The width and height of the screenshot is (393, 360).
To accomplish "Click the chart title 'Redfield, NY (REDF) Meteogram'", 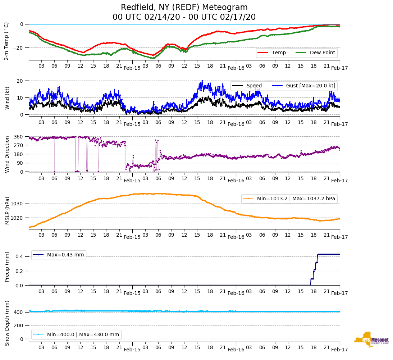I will click(x=184, y=8).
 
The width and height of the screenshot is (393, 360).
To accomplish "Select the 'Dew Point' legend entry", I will click(x=322, y=53).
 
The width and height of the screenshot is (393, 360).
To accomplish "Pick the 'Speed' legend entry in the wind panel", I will click(x=254, y=86).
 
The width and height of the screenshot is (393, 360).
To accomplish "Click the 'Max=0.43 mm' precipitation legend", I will click(x=65, y=255).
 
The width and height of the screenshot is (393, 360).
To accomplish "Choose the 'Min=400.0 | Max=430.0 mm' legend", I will click(x=83, y=334).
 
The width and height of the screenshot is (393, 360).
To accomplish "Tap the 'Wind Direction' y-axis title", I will click(x=7, y=154).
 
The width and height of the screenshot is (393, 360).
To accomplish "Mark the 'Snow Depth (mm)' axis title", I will click(x=7, y=323).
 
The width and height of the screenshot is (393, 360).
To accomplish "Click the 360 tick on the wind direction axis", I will click(x=18, y=137).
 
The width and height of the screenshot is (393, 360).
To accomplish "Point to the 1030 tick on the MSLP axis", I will click(x=17, y=204).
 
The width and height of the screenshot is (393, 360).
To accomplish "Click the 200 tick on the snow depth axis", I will click(x=18, y=325).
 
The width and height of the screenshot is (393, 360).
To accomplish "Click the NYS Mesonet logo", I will click(x=371, y=340).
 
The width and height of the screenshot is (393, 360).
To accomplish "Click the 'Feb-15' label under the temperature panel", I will click(x=132, y=68).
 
